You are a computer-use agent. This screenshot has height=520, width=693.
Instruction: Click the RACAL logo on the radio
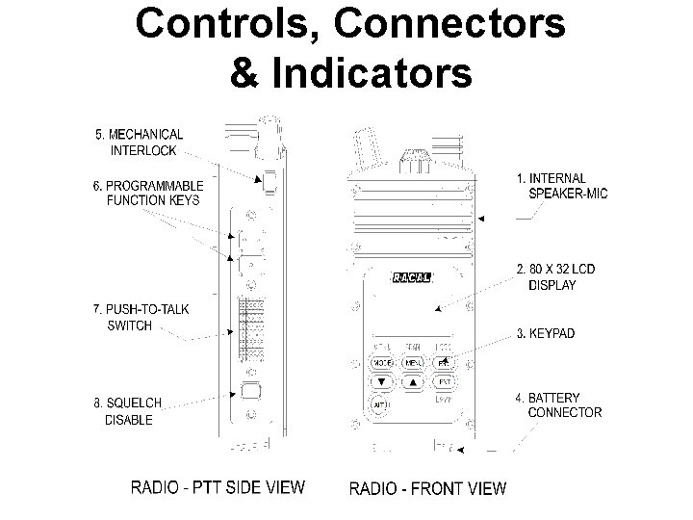413,279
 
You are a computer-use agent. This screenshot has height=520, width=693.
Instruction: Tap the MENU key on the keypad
415,363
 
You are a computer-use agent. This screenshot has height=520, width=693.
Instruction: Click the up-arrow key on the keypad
415,382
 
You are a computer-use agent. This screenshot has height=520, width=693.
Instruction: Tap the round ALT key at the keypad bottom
378,405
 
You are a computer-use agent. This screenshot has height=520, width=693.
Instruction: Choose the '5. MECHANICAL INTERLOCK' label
139,142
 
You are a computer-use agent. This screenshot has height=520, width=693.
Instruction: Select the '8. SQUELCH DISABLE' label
127,411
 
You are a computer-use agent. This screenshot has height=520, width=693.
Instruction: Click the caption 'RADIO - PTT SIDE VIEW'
218,487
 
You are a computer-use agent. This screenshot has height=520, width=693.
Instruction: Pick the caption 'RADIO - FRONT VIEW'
427,488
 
